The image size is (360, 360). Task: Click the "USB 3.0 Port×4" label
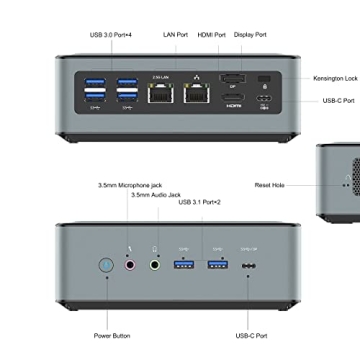[111, 34]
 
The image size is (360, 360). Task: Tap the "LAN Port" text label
[176, 34]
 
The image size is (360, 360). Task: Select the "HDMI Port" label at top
[213, 34]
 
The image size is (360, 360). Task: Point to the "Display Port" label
[250, 34]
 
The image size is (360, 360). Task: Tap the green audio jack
[155, 266]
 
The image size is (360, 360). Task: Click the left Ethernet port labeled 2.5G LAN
[159, 97]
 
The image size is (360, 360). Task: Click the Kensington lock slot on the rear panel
[264, 79]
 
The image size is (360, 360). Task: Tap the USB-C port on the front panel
[249, 266]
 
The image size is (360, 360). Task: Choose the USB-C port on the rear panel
[264, 100]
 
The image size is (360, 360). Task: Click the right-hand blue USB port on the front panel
[217, 266]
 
